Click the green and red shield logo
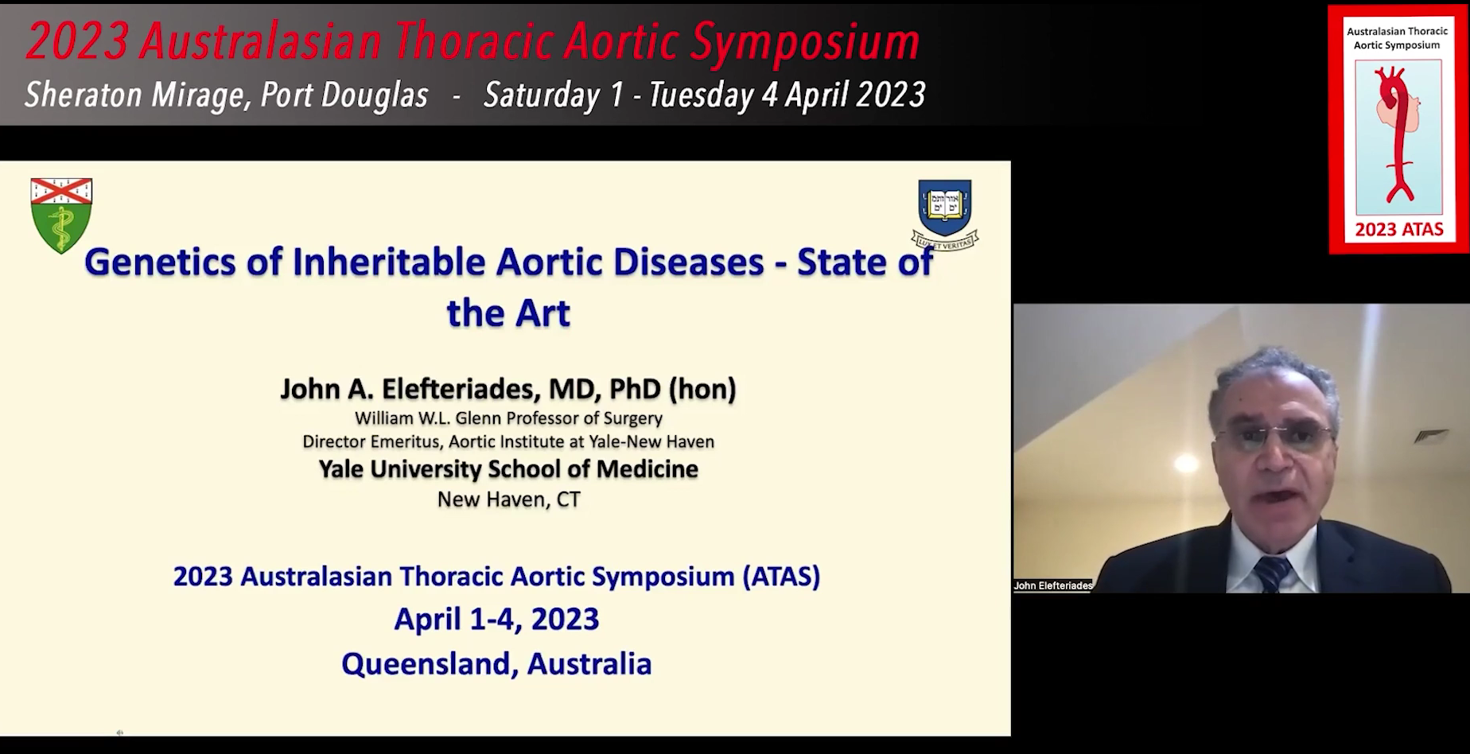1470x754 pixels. point(61,216)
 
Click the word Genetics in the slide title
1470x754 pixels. point(160,262)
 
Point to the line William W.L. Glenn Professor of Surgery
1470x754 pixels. point(508,418)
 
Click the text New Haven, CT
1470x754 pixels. point(509,499)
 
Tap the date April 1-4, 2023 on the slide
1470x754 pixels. point(496,619)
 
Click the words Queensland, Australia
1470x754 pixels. point(496,663)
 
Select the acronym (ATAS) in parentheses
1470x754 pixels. point(781,576)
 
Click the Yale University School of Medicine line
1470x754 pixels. point(508,469)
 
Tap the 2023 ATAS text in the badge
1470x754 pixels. point(1399,230)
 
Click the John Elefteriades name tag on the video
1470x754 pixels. point(1053,585)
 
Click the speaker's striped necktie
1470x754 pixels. point(1271,574)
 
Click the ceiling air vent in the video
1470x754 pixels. point(1431,435)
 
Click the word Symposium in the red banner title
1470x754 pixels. point(804,41)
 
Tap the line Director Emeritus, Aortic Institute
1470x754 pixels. point(508,441)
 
